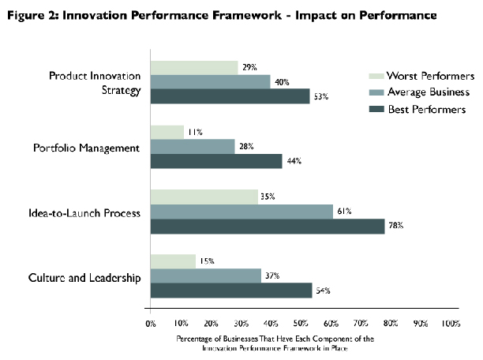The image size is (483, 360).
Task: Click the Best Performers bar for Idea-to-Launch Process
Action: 268,226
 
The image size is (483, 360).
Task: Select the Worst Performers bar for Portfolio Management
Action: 167,132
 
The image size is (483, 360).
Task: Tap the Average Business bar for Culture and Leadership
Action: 205,276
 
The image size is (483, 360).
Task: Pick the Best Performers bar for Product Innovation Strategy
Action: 230,96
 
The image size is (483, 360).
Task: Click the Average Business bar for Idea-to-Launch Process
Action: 241,211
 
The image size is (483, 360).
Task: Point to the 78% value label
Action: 395,227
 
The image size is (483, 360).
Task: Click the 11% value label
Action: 193,132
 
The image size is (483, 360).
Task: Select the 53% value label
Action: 320,96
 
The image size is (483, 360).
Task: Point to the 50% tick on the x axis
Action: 301,324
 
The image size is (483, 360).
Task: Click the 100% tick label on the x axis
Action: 451,324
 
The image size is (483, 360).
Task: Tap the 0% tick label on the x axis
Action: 150,324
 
